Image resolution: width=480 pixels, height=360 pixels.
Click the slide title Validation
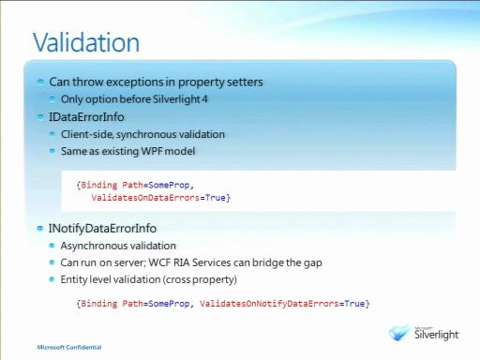[86, 42]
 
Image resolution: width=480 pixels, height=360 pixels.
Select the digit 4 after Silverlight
[204, 99]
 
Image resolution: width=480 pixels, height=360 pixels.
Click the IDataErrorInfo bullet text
[86, 117]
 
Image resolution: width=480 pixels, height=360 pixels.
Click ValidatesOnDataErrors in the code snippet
[145, 198]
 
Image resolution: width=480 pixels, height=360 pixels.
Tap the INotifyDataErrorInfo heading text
[102, 229]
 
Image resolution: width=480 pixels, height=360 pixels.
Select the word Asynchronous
[91, 246]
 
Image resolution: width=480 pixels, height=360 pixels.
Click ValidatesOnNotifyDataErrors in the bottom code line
[269, 304]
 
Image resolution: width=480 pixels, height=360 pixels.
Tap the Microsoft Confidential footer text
[69, 347]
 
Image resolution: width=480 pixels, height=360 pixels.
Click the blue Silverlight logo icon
[399, 333]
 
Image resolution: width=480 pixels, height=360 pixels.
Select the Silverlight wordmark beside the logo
[436, 335]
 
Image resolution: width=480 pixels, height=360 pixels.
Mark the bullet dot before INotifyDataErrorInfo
[39, 229]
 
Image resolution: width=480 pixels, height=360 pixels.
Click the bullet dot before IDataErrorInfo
[40, 117]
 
